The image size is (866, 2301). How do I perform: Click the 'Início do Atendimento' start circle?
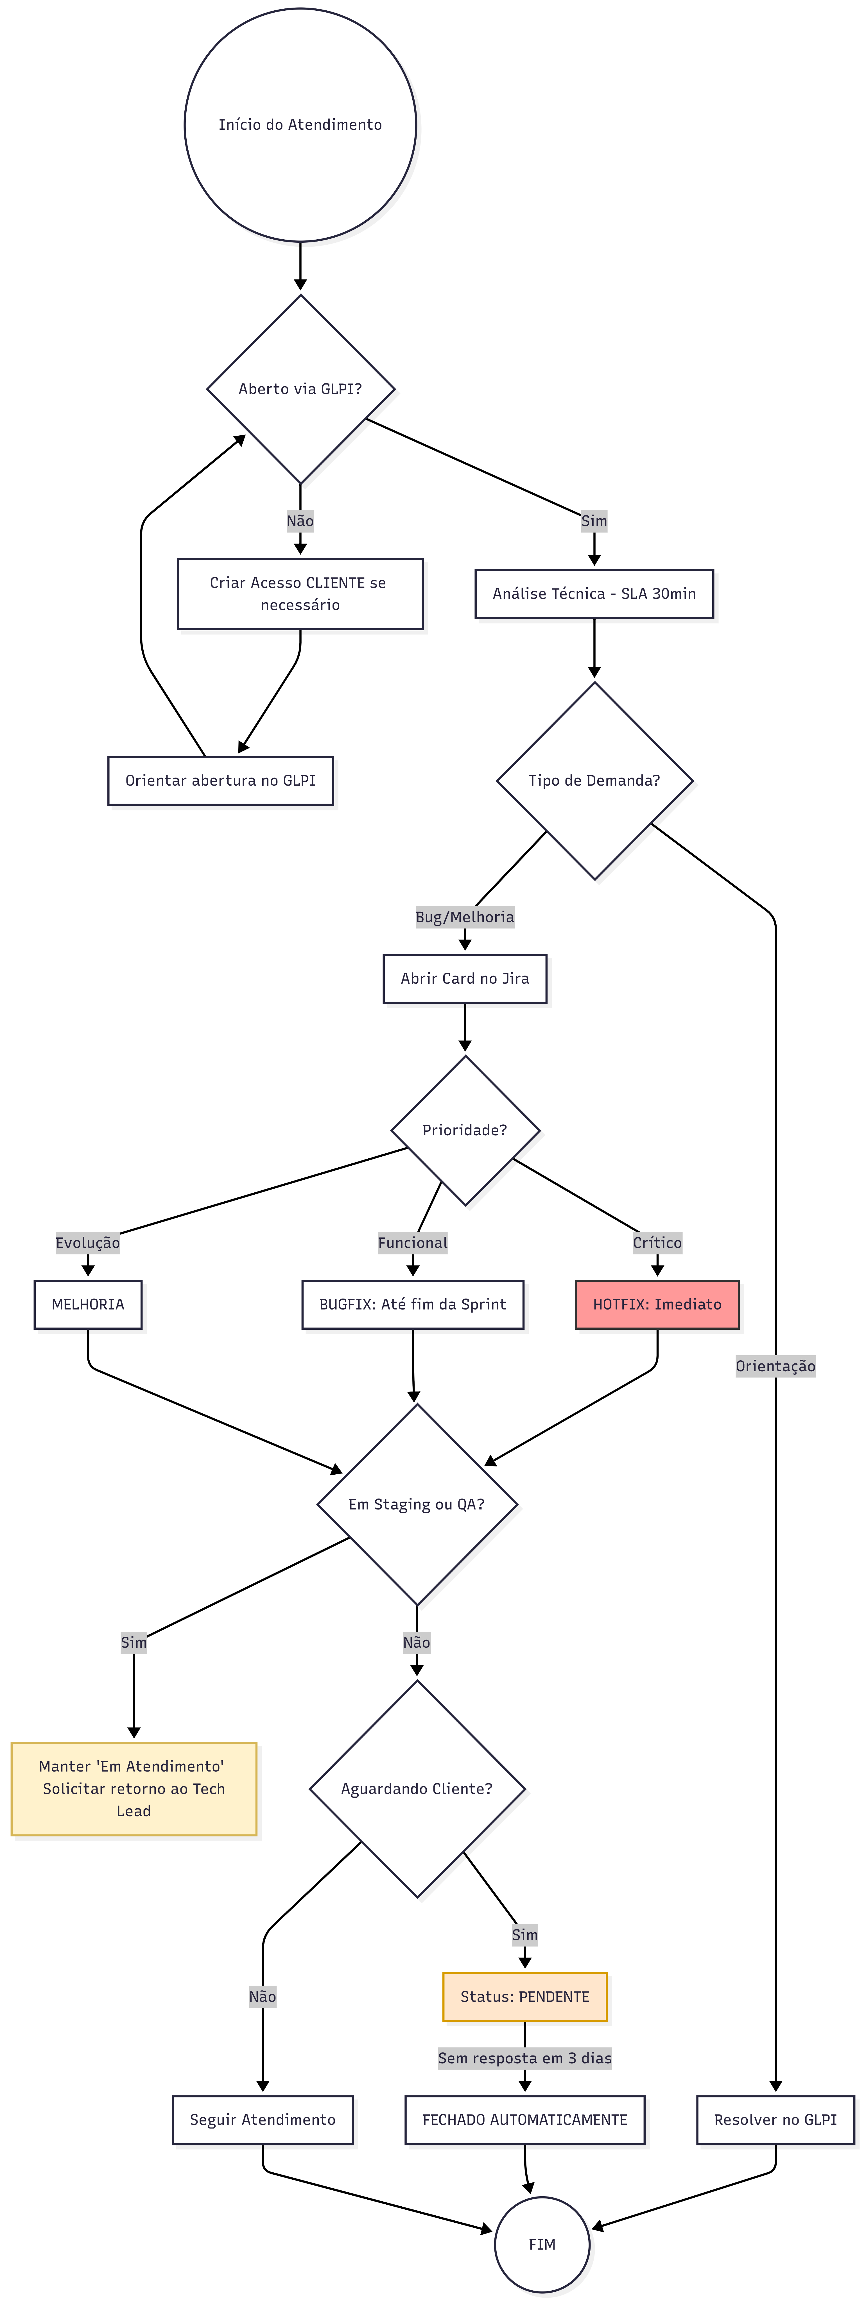click(300, 124)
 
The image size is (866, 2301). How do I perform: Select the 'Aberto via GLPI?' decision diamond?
click(300, 388)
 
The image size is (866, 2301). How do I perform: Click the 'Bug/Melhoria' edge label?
click(465, 917)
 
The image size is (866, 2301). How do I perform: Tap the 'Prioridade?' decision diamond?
click(465, 1130)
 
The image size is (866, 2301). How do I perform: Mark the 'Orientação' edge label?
click(775, 1366)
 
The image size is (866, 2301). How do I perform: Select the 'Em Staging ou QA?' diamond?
click(417, 1504)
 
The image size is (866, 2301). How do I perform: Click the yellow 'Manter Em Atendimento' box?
click(134, 1788)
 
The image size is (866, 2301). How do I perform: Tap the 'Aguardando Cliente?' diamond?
click(417, 1788)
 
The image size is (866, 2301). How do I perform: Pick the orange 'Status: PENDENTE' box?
click(524, 1997)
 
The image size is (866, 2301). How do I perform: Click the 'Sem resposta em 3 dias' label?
click(524, 2058)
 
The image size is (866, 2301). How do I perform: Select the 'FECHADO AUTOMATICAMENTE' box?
click(524, 2120)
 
